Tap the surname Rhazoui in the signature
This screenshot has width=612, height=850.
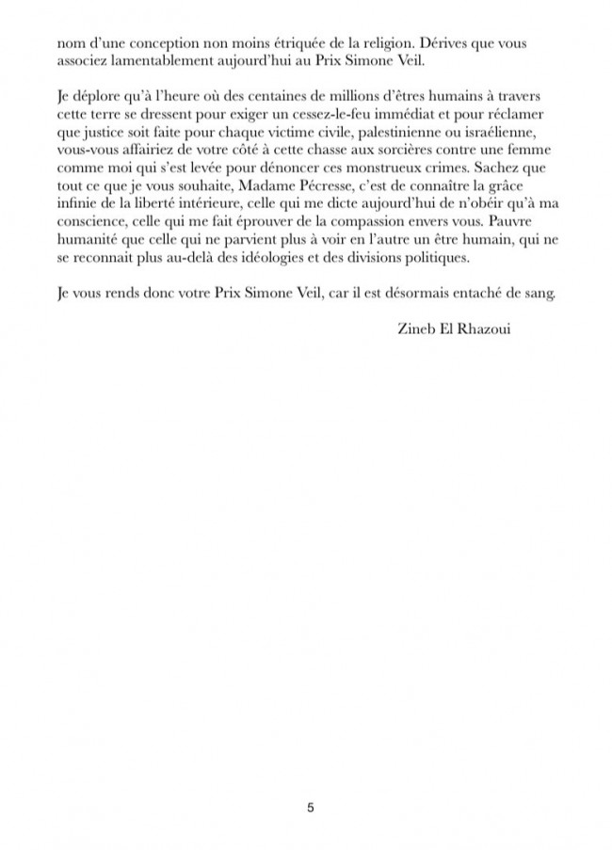(480, 329)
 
